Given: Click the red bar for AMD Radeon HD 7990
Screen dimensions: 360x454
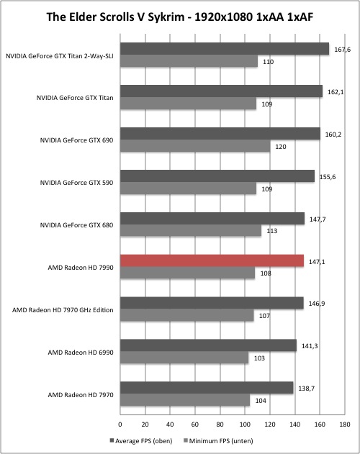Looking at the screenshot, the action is point(212,260).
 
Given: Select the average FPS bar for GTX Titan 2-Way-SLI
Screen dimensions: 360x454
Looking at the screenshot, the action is point(225,49).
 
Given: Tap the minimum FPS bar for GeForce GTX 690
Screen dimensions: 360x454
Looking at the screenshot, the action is point(195,146).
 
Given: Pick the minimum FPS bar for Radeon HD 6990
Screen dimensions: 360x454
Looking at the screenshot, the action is point(184,358).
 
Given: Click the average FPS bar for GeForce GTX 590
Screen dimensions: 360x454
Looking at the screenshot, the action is point(217,176).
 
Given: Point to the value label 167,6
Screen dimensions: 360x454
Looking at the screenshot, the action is point(342,50).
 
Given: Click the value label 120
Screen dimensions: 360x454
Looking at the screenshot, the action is point(280,147).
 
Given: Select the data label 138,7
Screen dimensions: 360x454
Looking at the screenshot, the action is point(307,389).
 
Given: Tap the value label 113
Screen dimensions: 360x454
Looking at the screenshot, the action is point(272,231).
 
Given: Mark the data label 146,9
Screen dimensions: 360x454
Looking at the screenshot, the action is point(317,304).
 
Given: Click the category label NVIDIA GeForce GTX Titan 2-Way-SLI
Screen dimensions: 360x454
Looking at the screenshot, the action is point(60,56).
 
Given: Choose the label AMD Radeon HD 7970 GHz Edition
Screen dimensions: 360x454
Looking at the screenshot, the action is point(63,310).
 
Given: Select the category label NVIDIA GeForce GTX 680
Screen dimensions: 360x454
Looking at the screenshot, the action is point(76,225).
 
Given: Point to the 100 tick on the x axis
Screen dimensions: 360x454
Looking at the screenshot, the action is point(245,425).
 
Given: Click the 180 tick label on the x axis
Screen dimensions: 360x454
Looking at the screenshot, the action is point(345,425).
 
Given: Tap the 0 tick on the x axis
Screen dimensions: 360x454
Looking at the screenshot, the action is point(120,425).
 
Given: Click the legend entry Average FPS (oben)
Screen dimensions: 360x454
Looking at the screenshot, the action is point(141,441).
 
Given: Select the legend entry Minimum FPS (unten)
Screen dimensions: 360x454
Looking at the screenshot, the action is point(218,441).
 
